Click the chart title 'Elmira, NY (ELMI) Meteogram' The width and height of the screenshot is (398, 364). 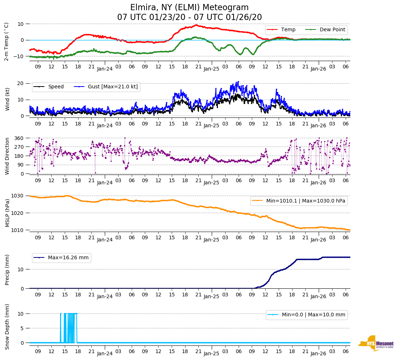click(x=189, y=8)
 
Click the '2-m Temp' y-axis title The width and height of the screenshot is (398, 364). click(x=7, y=41)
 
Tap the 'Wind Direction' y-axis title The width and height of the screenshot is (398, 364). click(x=7, y=156)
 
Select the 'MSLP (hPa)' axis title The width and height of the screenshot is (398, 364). click(x=7, y=213)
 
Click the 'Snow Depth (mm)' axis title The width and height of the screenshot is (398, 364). click(x=7, y=327)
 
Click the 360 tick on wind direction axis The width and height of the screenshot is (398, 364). click(x=19, y=138)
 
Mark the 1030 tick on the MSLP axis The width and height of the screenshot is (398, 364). click(x=18, y=196)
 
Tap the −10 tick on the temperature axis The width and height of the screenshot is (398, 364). click(x=18, y=56)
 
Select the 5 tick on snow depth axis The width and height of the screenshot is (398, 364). click(x=22, y=328)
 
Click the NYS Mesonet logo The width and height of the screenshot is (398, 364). click(x=376, y=343)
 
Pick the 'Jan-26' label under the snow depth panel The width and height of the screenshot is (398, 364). click(x=318, y=354)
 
